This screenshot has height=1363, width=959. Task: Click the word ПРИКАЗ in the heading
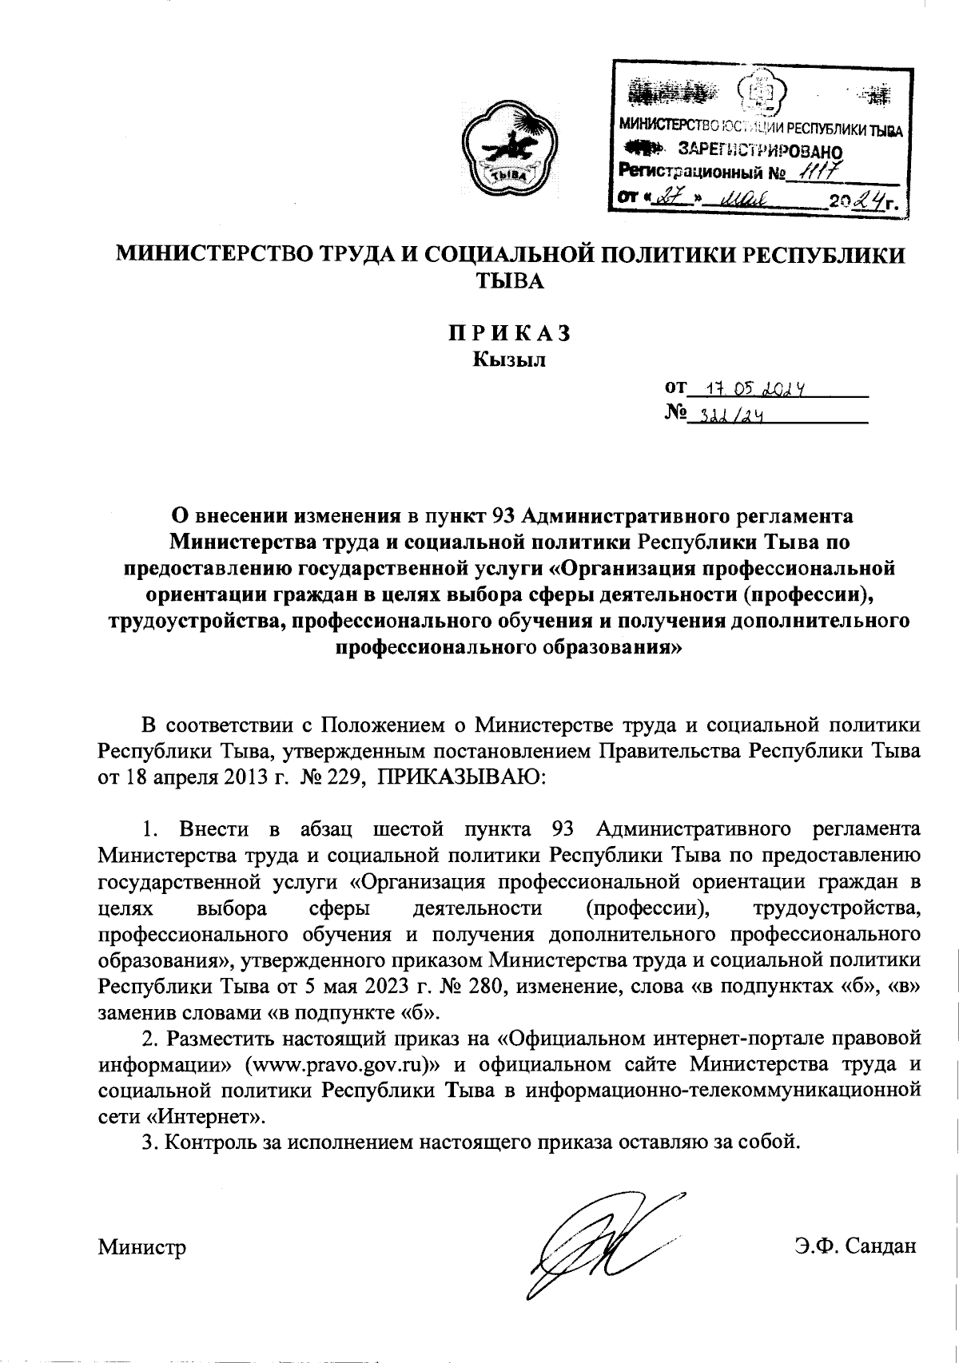508,333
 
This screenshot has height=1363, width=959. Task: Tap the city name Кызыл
508,360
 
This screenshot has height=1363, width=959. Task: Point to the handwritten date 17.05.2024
748,390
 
